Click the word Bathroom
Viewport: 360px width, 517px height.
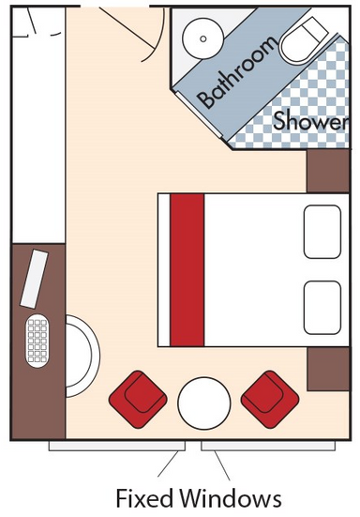coord(236,72)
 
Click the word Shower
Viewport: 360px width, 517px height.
coord(310,120)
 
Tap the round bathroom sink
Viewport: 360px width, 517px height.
coord(203,38)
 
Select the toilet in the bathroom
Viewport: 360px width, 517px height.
coord(303,40)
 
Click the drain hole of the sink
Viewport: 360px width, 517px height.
coord(203,38)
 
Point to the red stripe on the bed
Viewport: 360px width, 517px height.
coord(187,270)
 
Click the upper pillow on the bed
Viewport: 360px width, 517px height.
coord(322,232)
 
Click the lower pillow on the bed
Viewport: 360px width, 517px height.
coord(322,308)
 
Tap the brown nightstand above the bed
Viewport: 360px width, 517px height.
coord(328,171)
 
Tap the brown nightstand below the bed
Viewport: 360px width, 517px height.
coord(328,369)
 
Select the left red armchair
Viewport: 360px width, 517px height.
coord(138,400)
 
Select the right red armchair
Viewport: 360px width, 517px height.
coord(270,400)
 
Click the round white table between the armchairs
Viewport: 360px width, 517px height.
coord(203,403)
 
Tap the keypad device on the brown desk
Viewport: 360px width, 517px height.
coord(37,341)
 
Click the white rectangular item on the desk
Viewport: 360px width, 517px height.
coord(35,279)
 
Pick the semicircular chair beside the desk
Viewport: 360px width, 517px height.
coord(82,357)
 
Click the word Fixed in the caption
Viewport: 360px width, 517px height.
coord(144,497)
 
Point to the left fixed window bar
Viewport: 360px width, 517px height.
coord(117,446)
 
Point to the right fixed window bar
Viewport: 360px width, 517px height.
coord(268,446)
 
